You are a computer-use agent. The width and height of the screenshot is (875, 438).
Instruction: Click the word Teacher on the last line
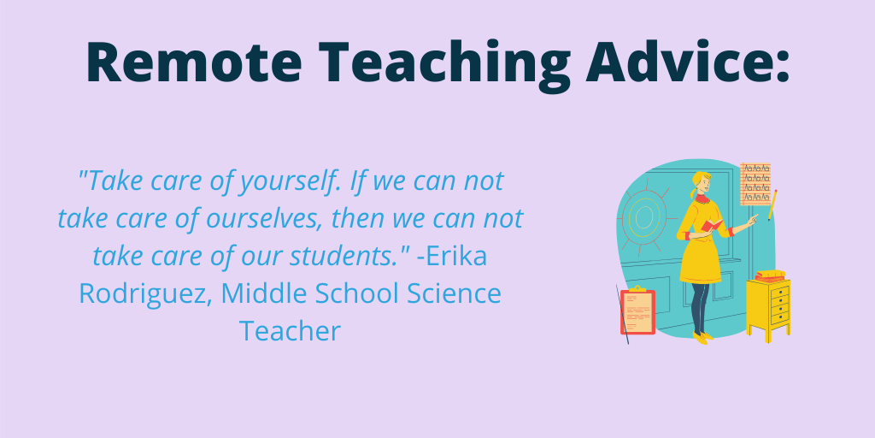[290, 330]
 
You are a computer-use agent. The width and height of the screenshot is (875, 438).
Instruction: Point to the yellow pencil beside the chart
[772, 205]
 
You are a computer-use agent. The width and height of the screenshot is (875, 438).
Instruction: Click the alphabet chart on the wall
[755, 183]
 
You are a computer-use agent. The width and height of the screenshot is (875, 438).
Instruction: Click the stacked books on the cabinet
[769, 275]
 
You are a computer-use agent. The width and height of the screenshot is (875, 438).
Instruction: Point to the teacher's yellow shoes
[702, 337]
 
